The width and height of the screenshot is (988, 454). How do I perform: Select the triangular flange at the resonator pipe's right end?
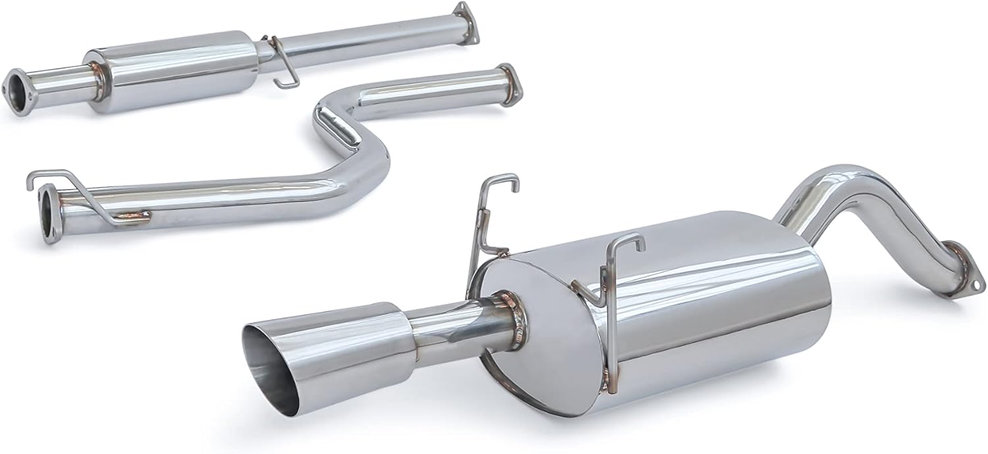point(466,23)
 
